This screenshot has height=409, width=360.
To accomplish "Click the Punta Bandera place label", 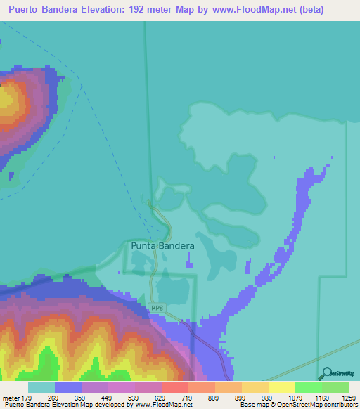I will [x=162, y=246].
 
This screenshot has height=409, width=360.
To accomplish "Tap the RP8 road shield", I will [x=157, y=308].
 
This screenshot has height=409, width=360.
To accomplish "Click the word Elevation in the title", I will [x=114, y=11].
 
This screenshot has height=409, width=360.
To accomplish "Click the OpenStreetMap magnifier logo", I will [x=326, y=373].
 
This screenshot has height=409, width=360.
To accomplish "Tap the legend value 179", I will [x=27, y=398].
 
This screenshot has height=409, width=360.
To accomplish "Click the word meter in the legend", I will [x=11, y=398].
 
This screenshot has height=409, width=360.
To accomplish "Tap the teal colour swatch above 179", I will [x=41, y=387].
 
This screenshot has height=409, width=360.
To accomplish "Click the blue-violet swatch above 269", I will [x=67, y=387].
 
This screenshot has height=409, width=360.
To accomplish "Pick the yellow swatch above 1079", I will [x=281, y=387].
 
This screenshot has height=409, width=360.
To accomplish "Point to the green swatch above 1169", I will [x=308, y=387].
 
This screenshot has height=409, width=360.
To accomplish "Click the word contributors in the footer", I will [x=340, y=405].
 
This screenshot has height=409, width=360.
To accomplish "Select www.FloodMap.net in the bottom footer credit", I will [x=163, y=405].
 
